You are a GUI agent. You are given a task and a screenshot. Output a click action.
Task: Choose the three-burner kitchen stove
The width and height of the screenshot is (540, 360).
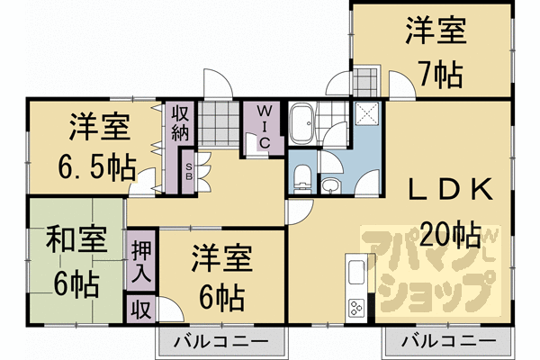point(356,307)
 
